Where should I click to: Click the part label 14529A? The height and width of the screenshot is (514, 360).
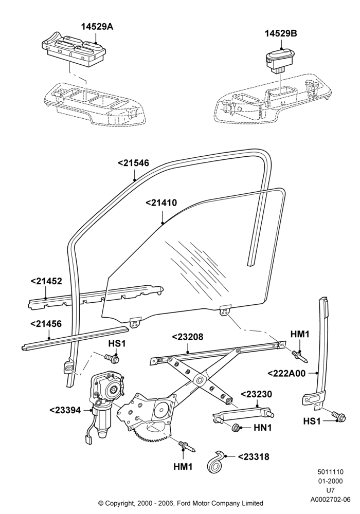97,27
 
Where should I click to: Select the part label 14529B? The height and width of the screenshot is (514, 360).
281,33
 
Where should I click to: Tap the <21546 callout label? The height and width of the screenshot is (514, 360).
133,163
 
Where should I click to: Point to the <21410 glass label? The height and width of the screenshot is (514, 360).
161,203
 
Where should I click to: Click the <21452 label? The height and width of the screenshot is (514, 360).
46,281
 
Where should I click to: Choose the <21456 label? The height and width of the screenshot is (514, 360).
46,324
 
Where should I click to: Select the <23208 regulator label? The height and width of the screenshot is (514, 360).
188,337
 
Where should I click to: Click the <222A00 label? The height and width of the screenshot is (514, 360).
286,373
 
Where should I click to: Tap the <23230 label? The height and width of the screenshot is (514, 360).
257,394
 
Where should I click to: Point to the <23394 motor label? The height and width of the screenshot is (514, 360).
65,410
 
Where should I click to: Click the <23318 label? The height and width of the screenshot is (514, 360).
254,456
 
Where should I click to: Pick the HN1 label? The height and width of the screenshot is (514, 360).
263,428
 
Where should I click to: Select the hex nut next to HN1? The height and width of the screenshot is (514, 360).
236,428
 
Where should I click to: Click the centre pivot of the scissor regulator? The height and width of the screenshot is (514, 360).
199,380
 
